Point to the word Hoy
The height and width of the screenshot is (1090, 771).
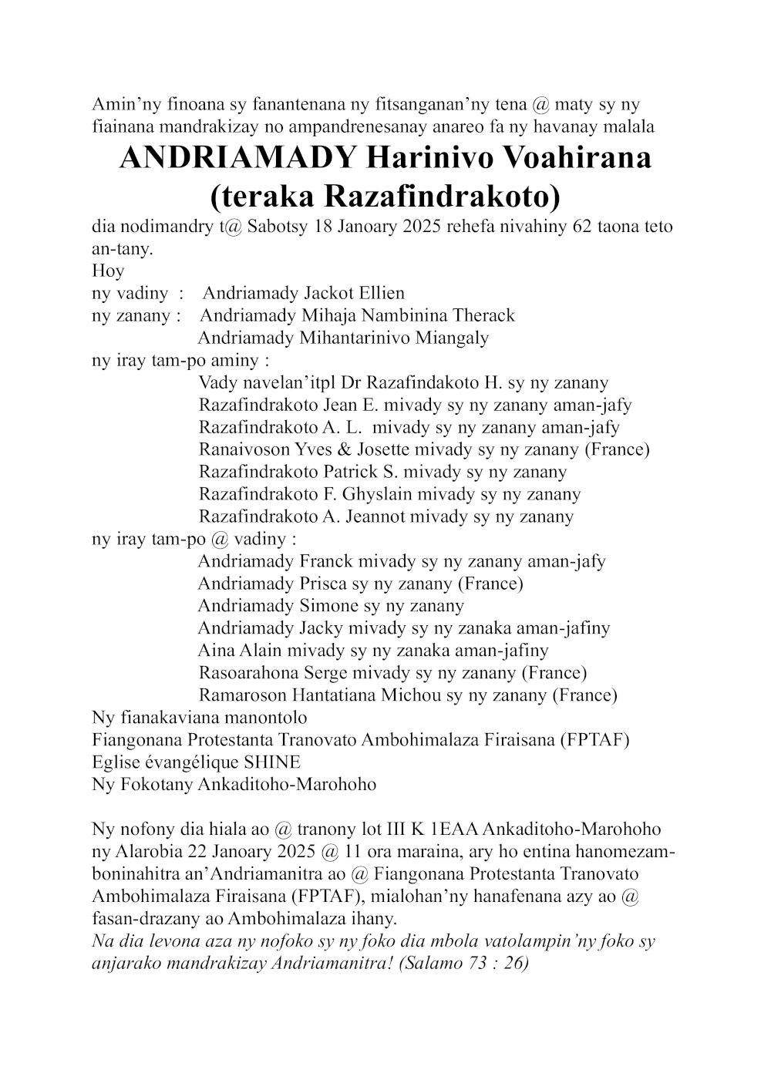(108, 271)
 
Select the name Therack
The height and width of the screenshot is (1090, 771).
(481, 316)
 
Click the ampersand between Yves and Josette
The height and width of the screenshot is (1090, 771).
(344, 449)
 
